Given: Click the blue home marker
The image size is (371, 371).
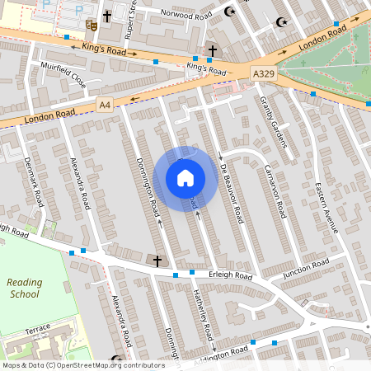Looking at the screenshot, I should (x=185, y=177).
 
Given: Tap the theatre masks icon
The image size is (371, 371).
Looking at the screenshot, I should (x=92, y=26).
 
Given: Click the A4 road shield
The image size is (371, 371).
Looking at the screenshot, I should (x=105, y=105).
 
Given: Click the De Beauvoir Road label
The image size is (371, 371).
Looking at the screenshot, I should (x=232, y=195).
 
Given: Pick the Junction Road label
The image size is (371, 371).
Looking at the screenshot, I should (x=305, y=267).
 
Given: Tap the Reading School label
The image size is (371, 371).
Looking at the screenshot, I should (x=25, y=288).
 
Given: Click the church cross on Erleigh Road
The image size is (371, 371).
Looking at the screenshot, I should (x=158, y=261).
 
